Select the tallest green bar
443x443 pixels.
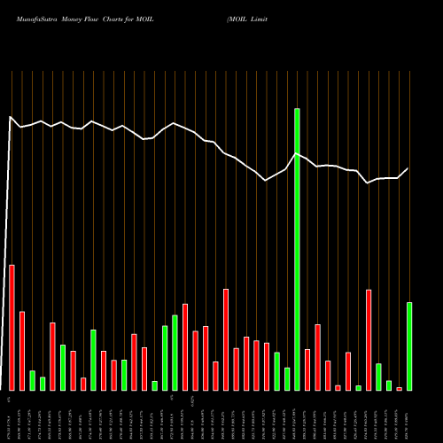coord(297,249)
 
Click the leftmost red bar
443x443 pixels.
coord(12,327)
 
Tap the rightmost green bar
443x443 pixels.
coord(409,346)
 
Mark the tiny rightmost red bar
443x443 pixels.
coord(399,388)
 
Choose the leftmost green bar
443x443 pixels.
coord(32,380)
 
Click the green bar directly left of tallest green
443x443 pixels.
coord(287,378)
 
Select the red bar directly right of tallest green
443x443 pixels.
coord(307,369)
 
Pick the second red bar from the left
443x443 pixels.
coord(22,351)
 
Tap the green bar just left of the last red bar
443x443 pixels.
coord(389,385)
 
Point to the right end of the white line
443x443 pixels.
coord(408,168)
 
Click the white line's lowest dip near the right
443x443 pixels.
coord(368,183)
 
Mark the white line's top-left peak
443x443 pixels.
coord(11,117)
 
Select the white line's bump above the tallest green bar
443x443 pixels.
coord(298,153)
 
